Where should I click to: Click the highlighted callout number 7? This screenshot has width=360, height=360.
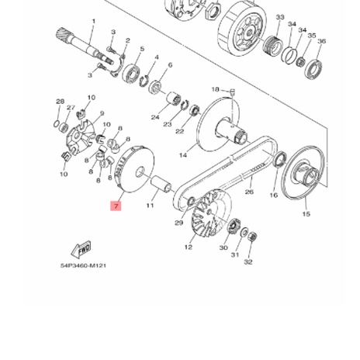[116, 206]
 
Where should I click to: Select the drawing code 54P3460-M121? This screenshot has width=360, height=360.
[83, 265]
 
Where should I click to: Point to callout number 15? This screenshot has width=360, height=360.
[305, 213]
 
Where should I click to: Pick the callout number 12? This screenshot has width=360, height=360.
[188, 247]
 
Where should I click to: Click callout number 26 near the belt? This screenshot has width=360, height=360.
[249, 192]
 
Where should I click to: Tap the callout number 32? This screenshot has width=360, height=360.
[248, 262]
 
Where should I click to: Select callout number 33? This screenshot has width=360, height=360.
[280, 17]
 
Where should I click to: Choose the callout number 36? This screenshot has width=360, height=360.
[321, 41]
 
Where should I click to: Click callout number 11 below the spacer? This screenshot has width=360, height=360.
[150, 206]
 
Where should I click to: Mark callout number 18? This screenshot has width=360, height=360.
[216, 90]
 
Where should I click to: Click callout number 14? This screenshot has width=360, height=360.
[183, 154]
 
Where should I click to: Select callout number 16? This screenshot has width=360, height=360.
[273, 196]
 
